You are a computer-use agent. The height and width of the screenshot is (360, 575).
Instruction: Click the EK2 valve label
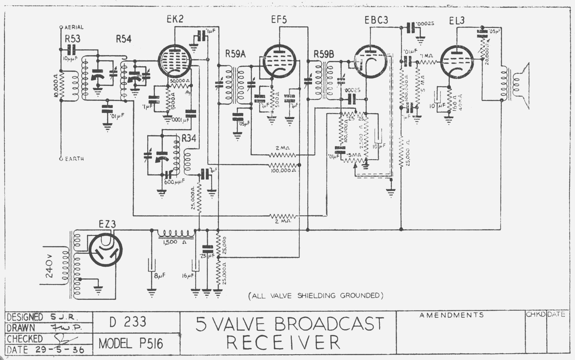175,19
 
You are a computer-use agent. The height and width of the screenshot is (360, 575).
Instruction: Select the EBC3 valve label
376,20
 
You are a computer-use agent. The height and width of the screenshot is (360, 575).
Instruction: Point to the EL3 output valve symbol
457,61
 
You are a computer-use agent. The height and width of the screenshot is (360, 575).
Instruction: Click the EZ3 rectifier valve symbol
105,249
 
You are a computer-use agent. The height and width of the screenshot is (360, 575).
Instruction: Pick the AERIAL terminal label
74,27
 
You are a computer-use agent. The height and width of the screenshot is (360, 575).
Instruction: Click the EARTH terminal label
74,159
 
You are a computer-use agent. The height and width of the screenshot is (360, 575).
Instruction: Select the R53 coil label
73,39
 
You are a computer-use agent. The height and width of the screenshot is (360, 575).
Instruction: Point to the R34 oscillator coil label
189,138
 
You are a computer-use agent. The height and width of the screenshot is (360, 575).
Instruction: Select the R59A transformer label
235,54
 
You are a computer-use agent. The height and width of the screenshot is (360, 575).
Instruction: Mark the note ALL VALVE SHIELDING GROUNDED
316,296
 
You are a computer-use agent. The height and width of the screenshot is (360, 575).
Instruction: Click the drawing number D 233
128,322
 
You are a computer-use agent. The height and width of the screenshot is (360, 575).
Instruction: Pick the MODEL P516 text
131,344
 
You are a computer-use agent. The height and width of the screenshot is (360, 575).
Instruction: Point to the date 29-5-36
60,350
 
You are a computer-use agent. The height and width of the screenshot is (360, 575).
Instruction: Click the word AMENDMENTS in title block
451,315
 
